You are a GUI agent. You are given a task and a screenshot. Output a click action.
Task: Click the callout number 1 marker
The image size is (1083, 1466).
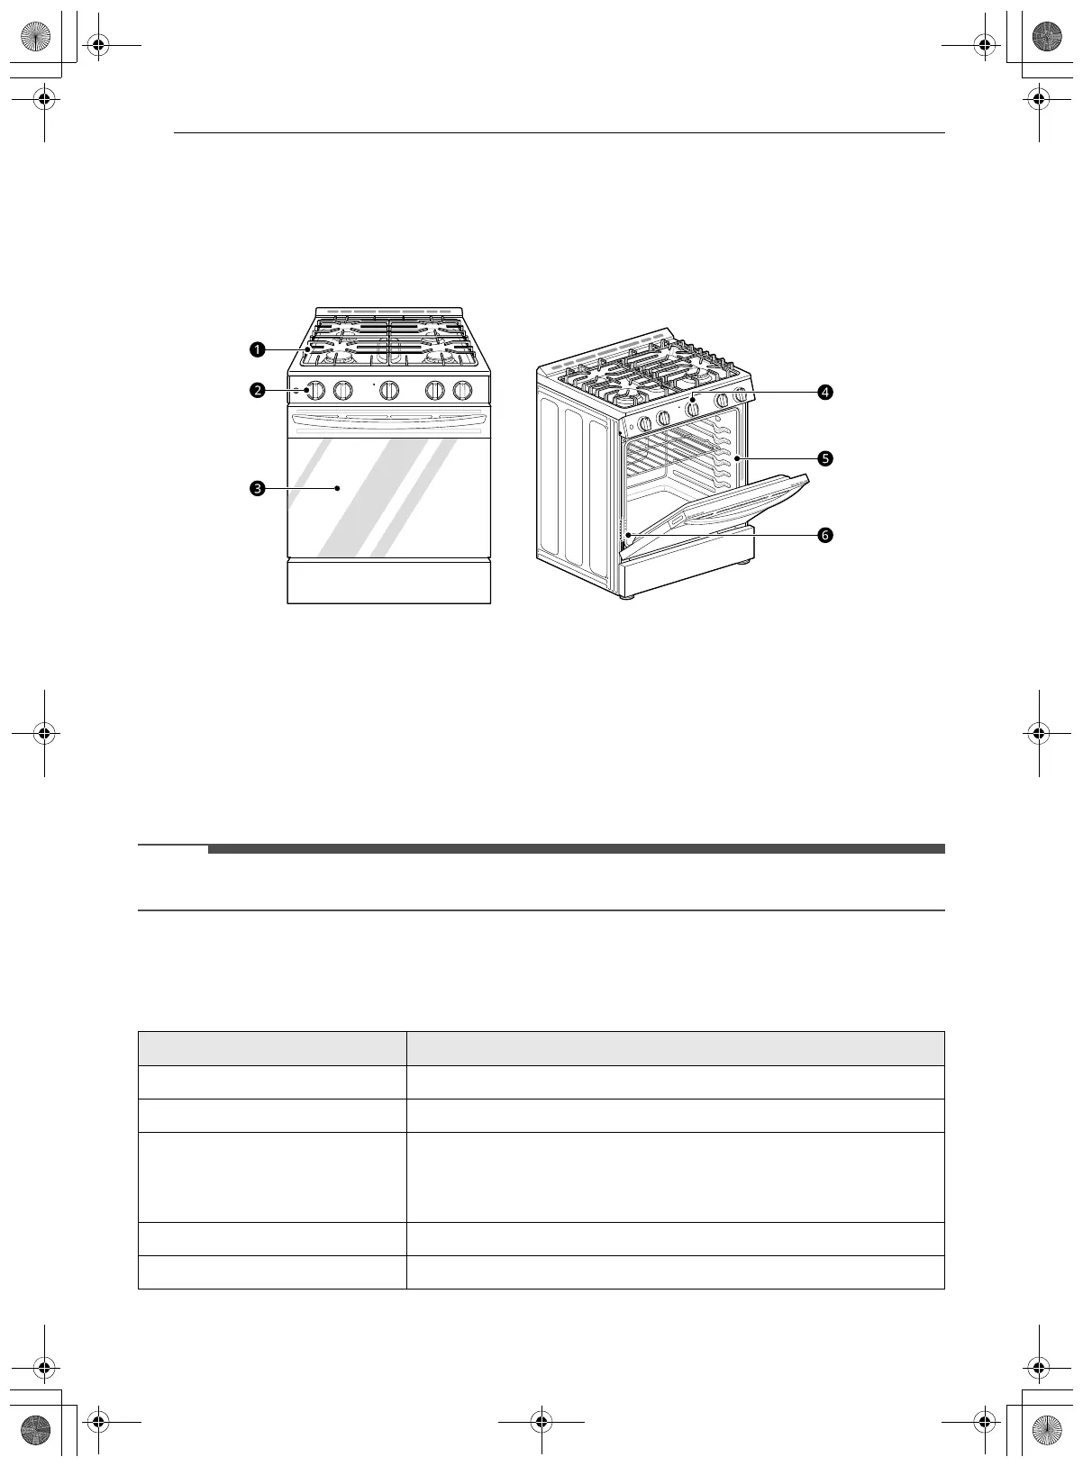[x=258, y=349]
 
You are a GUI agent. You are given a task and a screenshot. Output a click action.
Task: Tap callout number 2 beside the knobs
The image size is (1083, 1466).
[x=258, y=391]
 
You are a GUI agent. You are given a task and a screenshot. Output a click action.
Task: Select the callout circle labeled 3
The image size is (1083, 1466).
[x=258, y=488]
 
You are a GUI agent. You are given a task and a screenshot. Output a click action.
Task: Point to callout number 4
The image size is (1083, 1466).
[x=825, y=393]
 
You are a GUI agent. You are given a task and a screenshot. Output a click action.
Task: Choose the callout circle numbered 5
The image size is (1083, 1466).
[x=825, y=458]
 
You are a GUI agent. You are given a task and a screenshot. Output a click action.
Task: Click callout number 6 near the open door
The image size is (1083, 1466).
[x=825, y=535]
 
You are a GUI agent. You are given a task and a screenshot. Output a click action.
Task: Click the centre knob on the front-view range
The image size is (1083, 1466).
[x=389, y=391]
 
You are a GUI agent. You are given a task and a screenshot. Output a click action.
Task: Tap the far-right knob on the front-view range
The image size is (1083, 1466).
[x=462, y=391]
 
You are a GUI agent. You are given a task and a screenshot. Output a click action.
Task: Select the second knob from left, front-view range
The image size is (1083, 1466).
[x=342, y=391]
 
